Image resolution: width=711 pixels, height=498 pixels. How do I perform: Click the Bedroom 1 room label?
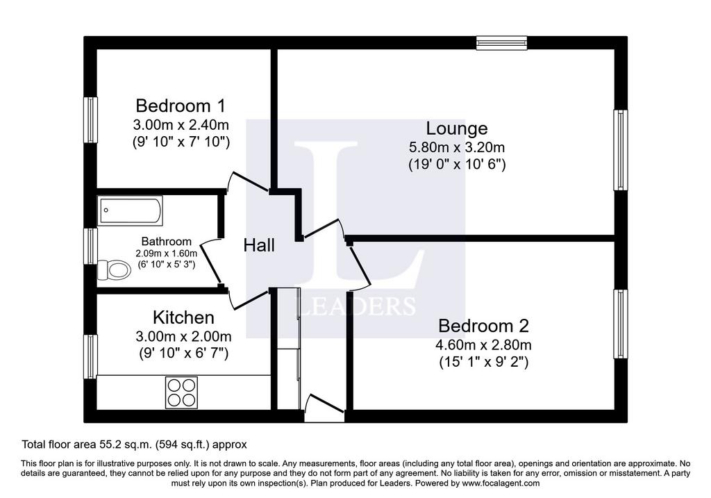coord(181,106)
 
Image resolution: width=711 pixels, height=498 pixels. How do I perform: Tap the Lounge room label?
coord(457,128)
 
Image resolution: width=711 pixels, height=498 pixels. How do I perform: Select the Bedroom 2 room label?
coord(483,326)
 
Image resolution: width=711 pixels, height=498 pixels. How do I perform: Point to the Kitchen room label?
coord(183,317)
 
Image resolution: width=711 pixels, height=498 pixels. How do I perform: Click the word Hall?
coord(259,245)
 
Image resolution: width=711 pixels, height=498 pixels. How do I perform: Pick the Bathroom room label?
coord(167,241)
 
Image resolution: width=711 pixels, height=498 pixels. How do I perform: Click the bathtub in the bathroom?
coord(130,211)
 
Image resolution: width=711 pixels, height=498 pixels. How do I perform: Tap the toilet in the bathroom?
coord(114,270)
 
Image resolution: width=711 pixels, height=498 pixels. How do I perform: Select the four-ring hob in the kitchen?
coord(182,393)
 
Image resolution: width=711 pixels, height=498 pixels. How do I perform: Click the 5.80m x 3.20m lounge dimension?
coord(457,147)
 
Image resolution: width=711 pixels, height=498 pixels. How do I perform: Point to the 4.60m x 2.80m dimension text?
coord(483,345)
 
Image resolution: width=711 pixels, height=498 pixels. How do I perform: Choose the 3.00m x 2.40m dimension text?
coord(181,124)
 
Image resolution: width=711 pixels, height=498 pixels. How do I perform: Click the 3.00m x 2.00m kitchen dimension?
coord(183,337)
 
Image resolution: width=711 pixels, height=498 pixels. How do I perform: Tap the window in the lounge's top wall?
coord(501,42)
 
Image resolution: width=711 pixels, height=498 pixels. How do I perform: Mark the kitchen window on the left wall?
coord(91,356)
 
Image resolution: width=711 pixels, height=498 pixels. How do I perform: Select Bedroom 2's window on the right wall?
coord(621,324)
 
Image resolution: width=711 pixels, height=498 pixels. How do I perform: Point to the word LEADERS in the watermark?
coord(358,306)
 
